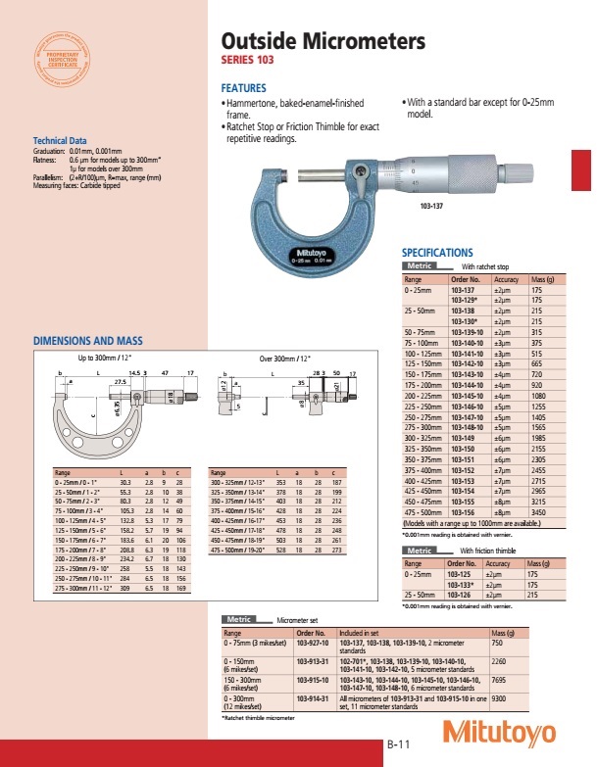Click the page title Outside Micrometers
pyautogui.click(x=323, y=42)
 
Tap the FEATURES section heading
pyautogui.click(x=245, y=88)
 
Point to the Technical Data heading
pyautogui.click(x=60, y=141)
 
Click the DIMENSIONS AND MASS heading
pyautogui.click(x=88, y=341)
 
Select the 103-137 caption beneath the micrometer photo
pyautogui.click(x=432, y=207)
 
